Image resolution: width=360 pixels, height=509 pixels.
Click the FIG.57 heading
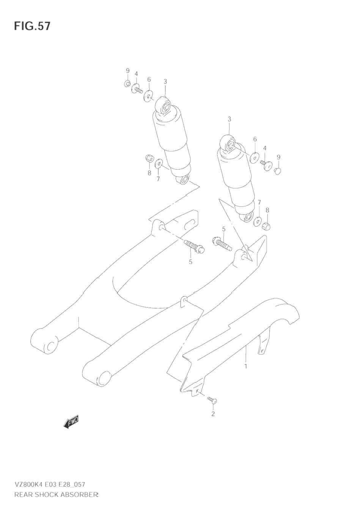coord(32,26)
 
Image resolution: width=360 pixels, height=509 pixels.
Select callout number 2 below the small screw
coord(213,414)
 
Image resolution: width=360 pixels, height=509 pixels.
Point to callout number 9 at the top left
coord(127,70)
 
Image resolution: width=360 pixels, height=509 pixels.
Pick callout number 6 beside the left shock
coord(149,80)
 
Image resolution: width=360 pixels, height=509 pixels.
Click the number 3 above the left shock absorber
coord(165,81)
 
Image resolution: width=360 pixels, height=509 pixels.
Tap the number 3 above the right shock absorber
coord(229,119)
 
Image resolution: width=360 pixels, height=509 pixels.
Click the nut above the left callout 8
coord(149,158)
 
